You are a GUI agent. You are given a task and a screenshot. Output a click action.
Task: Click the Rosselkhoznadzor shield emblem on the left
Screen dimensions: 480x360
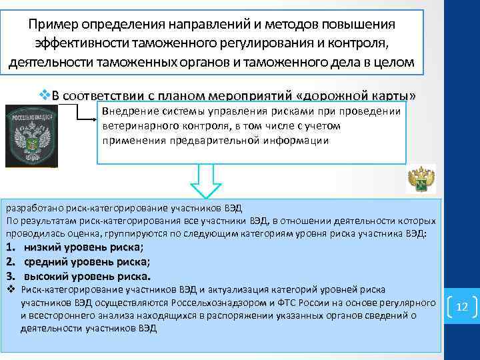[30, 135]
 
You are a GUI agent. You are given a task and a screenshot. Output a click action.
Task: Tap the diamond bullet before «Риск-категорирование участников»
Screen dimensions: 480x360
[11, 290]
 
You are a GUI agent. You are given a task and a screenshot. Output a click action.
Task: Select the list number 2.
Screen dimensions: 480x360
[11, 262]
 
